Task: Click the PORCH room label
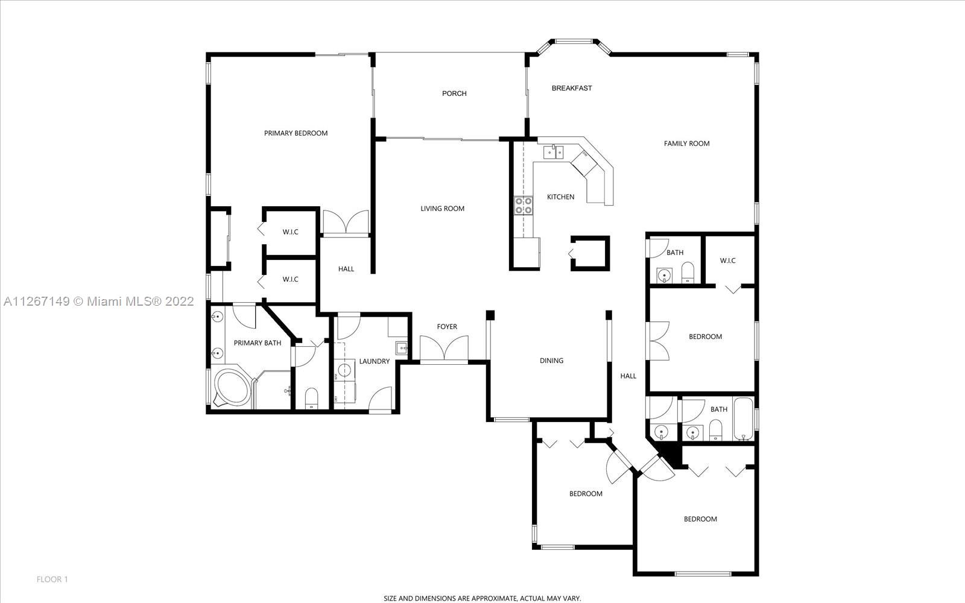(454, 93)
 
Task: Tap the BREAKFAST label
(572, 88)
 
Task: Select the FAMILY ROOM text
(686, 144)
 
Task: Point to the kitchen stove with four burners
(524, 206)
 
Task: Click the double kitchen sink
(553, 153)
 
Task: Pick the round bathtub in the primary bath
(232, 388)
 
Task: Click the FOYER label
(447, 327)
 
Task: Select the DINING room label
(551, 361)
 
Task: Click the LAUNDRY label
(375, 361)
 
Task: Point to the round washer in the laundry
(344, 370)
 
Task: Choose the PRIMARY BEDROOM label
(296, 133)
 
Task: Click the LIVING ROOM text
(443, 209)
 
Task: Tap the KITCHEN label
(560, 197)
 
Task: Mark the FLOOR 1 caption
(52, 579)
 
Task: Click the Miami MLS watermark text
(99, 301)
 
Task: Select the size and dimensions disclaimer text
(482, 598)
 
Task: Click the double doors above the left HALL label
(346, 223)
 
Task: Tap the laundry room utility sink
(402, 347)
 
